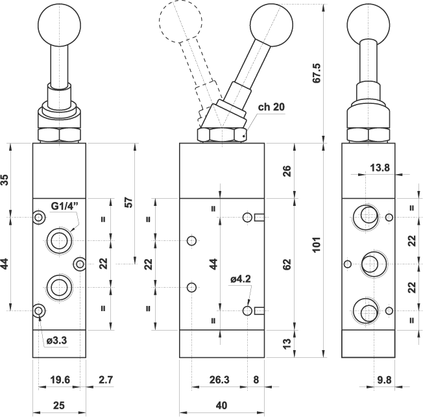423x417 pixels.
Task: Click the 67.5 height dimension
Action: (317, 76)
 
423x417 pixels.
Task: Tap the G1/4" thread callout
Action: (65, 207)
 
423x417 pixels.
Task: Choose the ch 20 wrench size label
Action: (271, 108)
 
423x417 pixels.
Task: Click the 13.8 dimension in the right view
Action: (380, 168)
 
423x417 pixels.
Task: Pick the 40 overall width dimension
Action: (221, 406)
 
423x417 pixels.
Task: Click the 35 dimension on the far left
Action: (5, 180)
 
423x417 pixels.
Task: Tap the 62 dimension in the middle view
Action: (287, 264)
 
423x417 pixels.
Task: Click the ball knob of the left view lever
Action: (60, 24)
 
